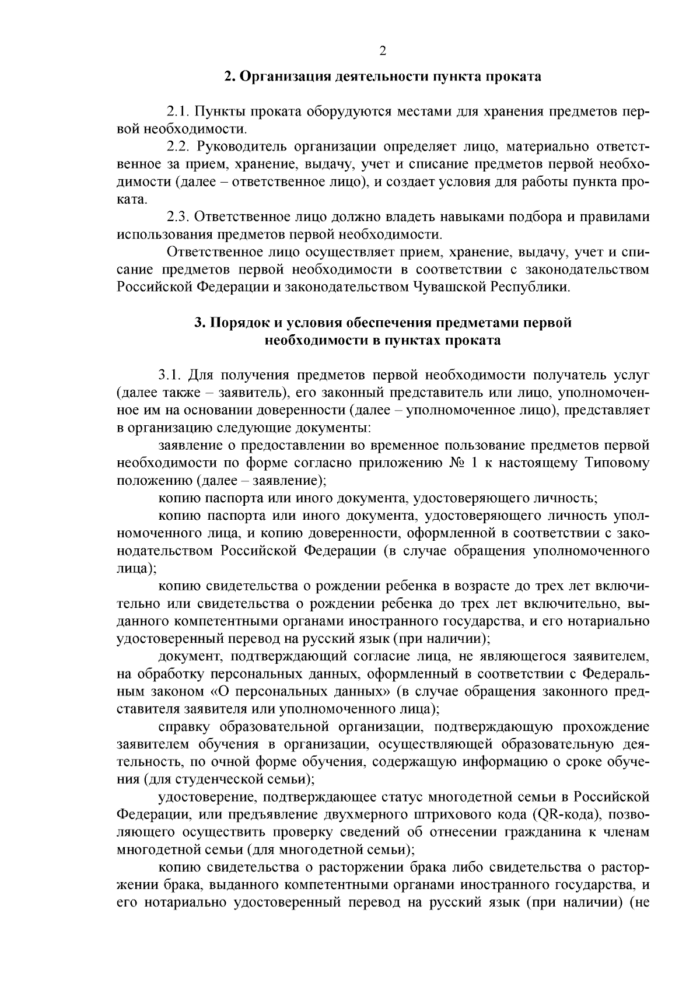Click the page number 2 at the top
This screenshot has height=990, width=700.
383,51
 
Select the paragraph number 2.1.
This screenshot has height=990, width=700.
177,111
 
